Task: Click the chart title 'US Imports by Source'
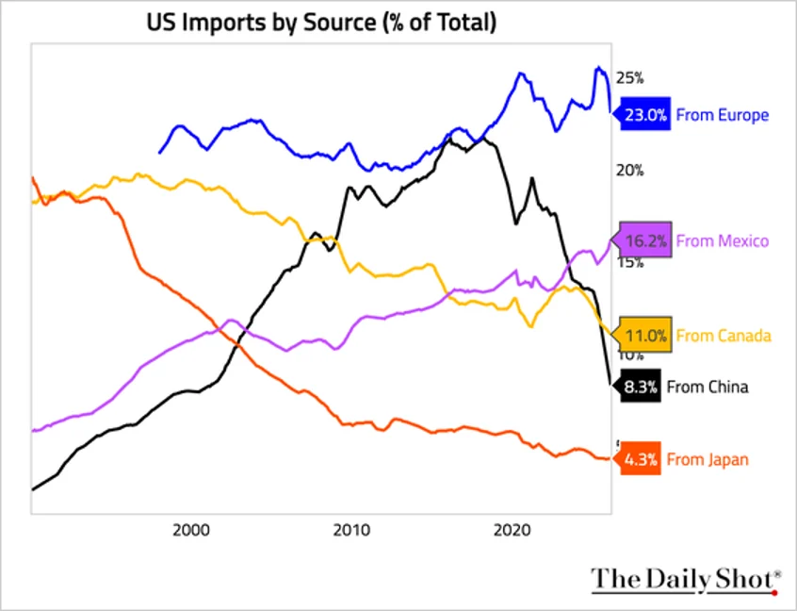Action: pyautogui.click(x=320, y=22)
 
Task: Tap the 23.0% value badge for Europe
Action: pyautogui.click(x=642, y=115)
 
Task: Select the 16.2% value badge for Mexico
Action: pyautogui.click(x=644, y=240)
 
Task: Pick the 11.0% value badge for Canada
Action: pyautogui.click(x=643, y=335)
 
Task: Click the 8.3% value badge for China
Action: pyautogui.click(x=639, y=386)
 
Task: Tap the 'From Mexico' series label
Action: pyautogui.click(x=723, y=240)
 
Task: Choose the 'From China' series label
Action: pyautogui.click(x=708, y=386)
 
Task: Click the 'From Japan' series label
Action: pyautogui.click(x=708, y=459)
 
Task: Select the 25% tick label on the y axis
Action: pyautogui.click(x=629, y=78)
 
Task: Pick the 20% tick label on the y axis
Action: pyautogui.click(x=629, y=171)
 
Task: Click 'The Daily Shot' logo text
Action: pyautogui.click(x=681, y=580)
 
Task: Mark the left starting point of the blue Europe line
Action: pyautogui.click(x=159, y=153)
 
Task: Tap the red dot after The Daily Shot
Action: pyautogui.click(x=774, y=591)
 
